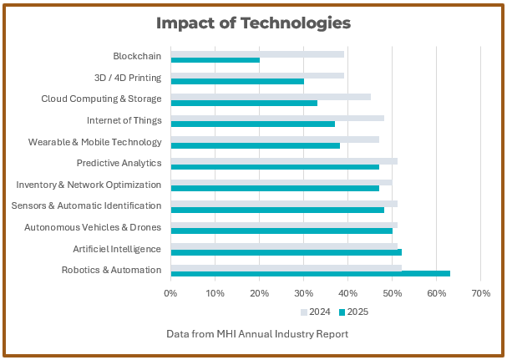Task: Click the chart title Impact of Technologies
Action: click(x=253, y=23)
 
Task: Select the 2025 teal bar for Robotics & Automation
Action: click(x=310, y=273)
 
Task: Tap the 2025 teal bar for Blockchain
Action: click(x=215, y=60)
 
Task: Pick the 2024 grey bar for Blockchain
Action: click(x=257, y=54)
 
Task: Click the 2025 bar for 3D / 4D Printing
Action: click(x=237, y=82)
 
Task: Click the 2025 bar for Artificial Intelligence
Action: click(x=286, y=251)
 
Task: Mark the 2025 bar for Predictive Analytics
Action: click(x=275, y=167)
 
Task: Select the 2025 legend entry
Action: click(x=353, y=312)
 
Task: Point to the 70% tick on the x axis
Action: click(x=480, y=293)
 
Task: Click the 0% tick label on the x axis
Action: click(x=170, y=293)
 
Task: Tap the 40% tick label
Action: click(x=347, y=293)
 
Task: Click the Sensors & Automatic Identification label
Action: click(x=86, y=205)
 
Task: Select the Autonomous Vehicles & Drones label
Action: click(x=93, y=227)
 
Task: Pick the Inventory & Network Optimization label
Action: click(x=89, y=185)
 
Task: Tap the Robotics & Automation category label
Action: click(x=111, y=270)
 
